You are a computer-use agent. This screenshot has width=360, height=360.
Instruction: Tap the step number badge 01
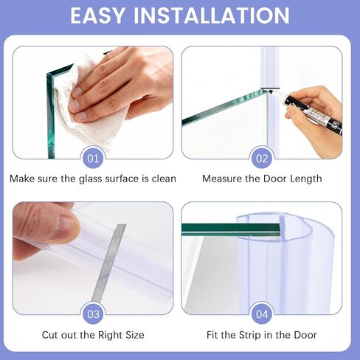coord(93,158)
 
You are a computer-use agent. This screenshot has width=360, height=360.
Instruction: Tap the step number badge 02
coord(262,158)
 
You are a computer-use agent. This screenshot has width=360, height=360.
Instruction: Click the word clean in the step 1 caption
coord(160,179)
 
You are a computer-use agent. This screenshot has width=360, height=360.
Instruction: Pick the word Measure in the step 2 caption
coord(223,179)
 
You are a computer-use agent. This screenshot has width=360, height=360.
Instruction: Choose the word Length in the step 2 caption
coord(305,179)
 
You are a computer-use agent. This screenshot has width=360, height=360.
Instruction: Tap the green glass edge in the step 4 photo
coord(221,229)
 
